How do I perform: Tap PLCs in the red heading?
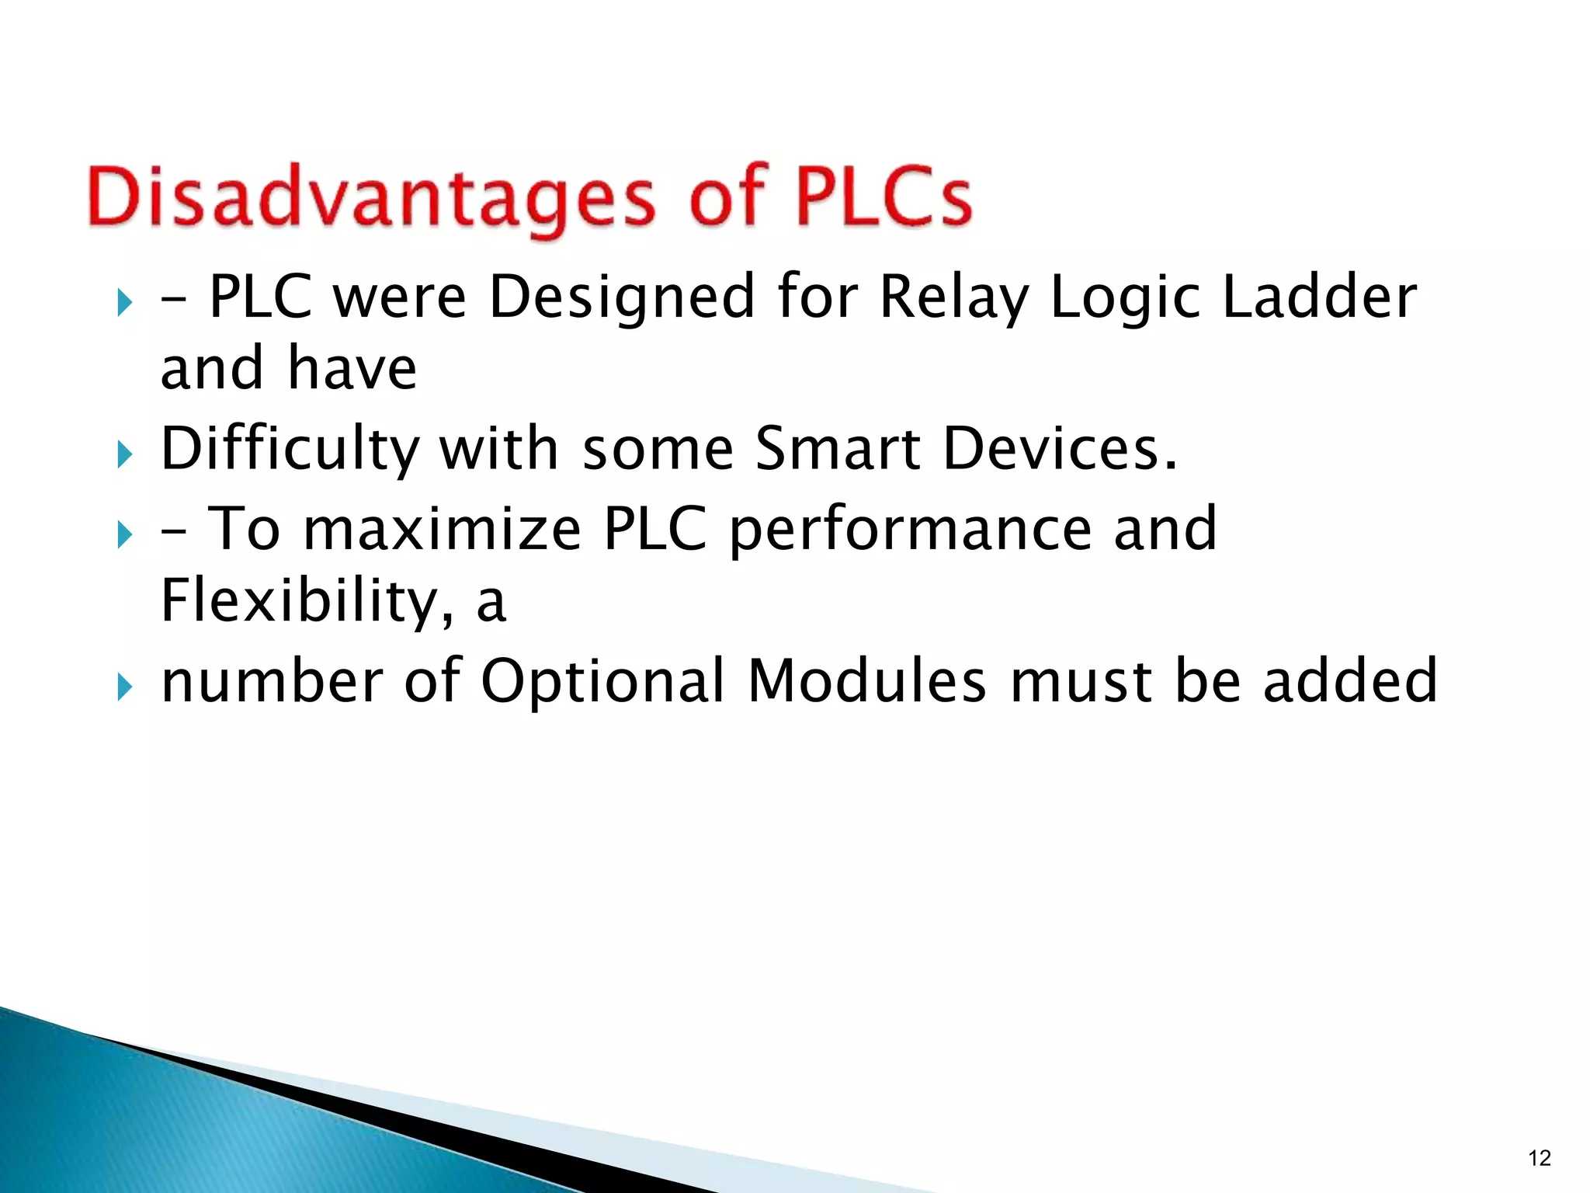coord(883,197)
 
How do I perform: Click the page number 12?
coord(1539,1158)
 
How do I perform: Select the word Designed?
coord(622,298)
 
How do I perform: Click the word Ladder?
coord(1319,297)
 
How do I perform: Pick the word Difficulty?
coord(290,450)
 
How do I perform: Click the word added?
coord(1350,680)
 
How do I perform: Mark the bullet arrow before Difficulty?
coord(125,454)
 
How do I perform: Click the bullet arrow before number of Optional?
coord(125,687)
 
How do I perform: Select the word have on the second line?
coord(352,368)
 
